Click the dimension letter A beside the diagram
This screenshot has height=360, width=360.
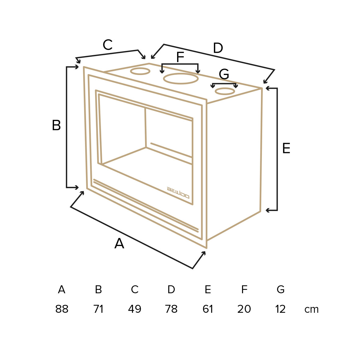[x=119, y=243]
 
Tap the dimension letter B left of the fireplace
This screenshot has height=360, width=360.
[x=56, y=125]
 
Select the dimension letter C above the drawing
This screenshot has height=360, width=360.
[x=108, y=45]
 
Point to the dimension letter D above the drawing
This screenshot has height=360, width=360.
[x=218, y=48]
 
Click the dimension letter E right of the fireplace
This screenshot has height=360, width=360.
[x=286, y=148]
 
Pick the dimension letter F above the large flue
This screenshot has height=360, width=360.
[x=180, y=57]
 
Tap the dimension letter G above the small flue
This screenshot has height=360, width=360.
[x=224, y=74]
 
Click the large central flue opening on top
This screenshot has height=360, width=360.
[x=181, y=79]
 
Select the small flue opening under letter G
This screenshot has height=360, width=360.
[x=225, y=91]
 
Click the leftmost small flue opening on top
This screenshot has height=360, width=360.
[x=140, y=71]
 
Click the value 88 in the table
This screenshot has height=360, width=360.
[x=62, y=309]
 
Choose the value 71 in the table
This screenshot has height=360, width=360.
[x=98, y=309]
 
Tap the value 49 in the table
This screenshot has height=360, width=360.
[x=134, y=309]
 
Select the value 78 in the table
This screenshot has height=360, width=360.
[x=171, y=309]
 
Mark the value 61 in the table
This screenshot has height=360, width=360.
[x=208, y=309]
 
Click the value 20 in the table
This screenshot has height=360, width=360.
[x=244, y=309]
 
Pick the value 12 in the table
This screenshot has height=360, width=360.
[x=280, y=309]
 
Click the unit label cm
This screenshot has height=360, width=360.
[x=312, y=310]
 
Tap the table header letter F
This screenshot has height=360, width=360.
[x=244, y=290]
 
